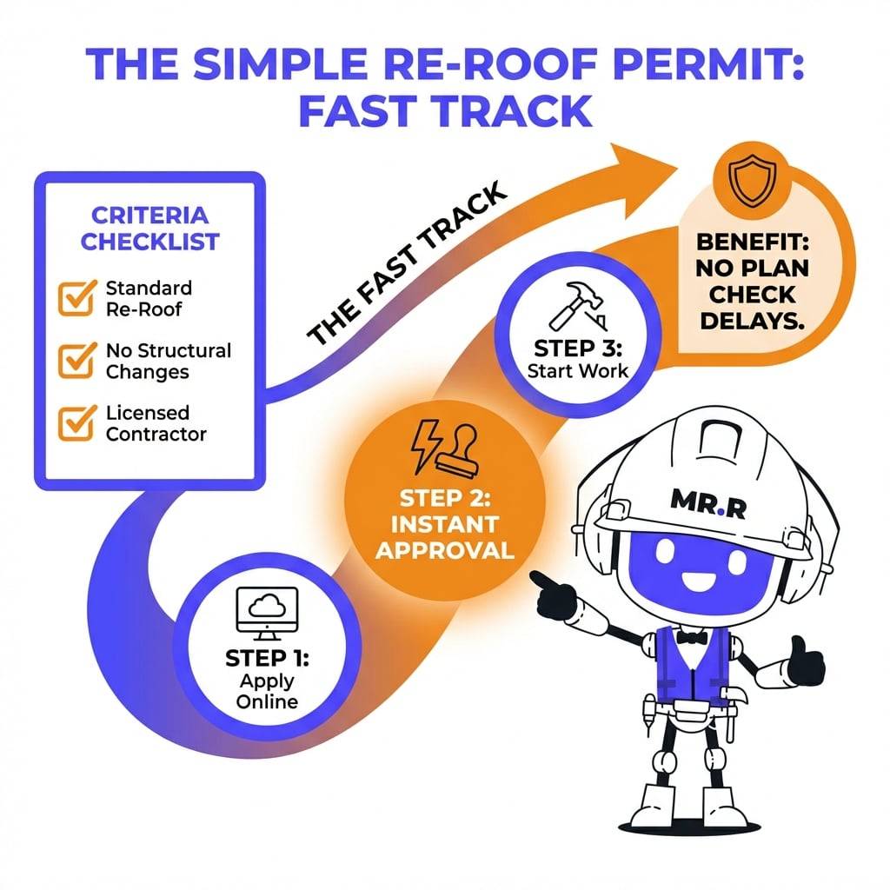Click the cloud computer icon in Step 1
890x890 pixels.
click(267, 611)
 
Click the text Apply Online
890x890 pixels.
click(267, 690)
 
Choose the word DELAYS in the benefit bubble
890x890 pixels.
click(754, 319)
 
